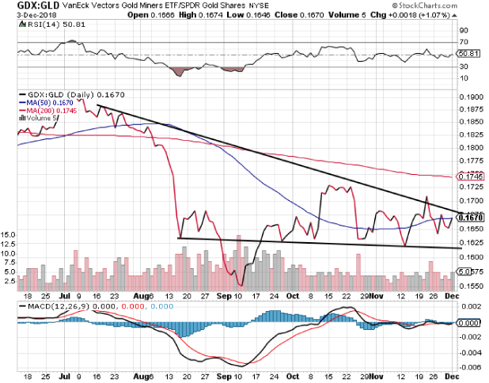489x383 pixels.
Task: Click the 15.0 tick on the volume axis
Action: pos(9,235)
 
